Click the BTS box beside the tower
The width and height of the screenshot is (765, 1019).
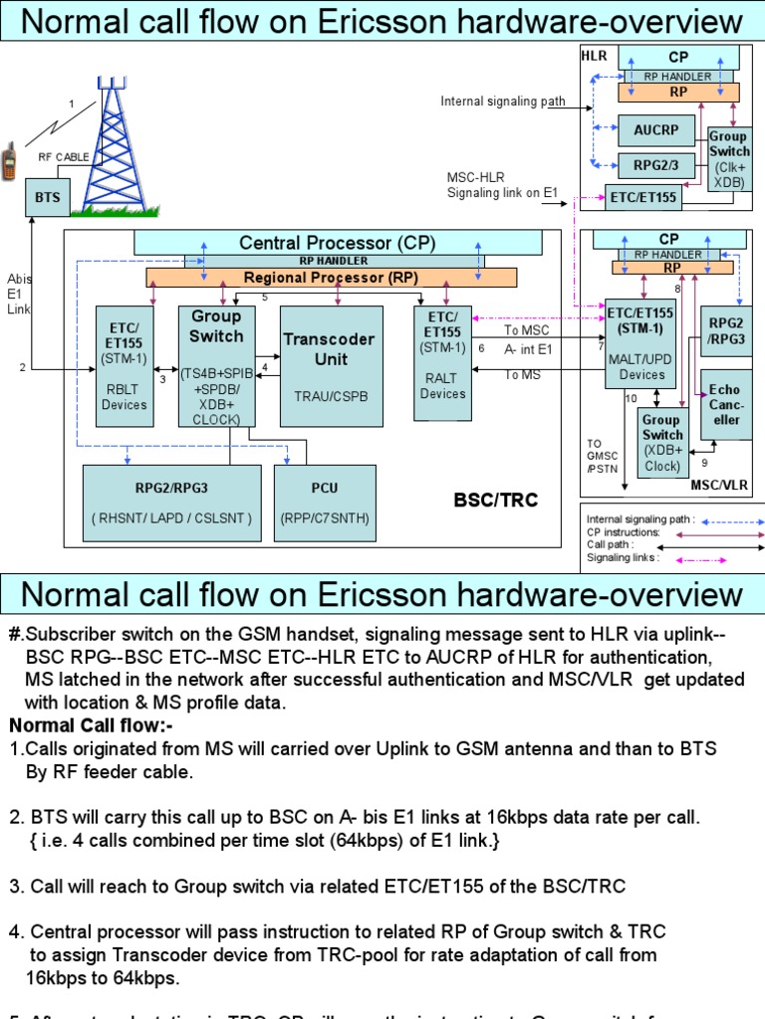point(48,197)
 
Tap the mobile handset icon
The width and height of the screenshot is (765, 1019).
point(10,161)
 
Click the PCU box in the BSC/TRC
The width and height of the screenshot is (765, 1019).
point(325,503)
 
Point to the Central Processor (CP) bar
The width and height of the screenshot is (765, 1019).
point(339,243)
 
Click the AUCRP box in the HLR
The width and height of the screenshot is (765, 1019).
point(656,129)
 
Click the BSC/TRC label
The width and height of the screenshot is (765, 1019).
point(495,501)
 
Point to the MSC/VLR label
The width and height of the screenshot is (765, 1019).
point(721,485)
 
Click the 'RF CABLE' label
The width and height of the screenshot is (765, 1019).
point(64,157)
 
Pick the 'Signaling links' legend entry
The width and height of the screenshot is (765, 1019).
point(623,558)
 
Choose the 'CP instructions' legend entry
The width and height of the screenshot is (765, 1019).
point(623,532)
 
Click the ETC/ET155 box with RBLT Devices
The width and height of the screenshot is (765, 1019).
point(124,365)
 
